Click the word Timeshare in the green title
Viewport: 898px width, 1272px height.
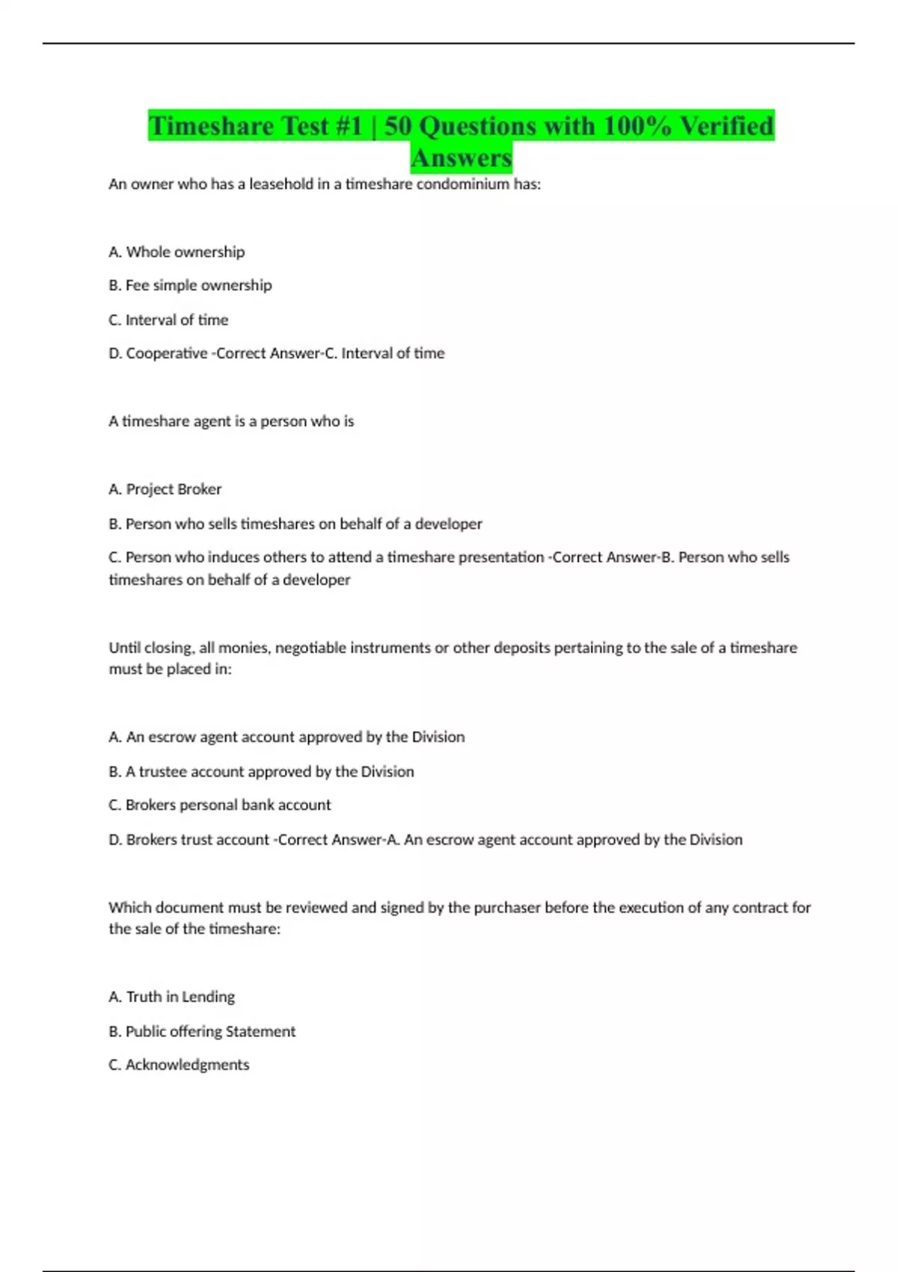click(211, 126)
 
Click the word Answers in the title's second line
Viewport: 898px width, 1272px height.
click(461, 158)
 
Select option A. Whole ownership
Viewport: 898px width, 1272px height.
click(177, 252)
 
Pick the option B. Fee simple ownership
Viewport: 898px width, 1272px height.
click(190, 285)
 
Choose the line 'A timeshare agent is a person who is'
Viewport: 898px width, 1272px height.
click(231, 421)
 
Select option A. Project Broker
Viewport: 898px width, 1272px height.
click(165, 489)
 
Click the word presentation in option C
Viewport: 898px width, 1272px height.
click(501, 557)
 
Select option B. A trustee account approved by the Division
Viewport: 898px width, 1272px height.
click(261, 771)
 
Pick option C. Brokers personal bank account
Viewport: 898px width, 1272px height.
click(220, 805)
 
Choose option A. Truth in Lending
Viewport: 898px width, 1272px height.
click(171, 997)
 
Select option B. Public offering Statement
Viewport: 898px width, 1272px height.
click(202, 1031)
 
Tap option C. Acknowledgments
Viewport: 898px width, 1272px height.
click(179, 1065)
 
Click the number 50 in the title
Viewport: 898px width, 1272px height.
click(397, 126)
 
